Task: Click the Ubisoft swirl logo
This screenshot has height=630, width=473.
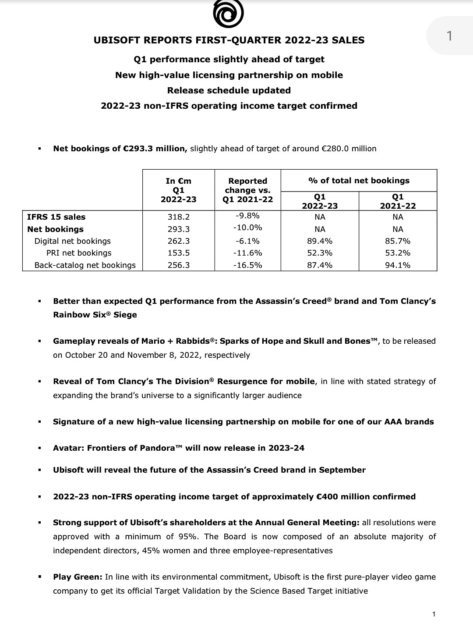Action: pos(228,14)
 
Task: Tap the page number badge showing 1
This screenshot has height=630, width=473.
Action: pos(449,36)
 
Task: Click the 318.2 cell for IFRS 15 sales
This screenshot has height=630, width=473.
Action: pos(178,217)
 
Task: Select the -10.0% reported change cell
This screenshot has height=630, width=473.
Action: pos(247,228)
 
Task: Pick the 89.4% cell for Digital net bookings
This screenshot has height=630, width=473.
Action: pos(319,241)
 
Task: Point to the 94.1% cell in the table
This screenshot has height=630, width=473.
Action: pos(397,265)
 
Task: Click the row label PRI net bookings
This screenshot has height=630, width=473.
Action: pos(79,253)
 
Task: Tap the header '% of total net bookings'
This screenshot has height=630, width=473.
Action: pos(359,181)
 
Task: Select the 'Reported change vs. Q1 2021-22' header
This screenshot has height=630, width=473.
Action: pos(247,190)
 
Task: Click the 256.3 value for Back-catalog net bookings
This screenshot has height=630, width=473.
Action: pos(178,265)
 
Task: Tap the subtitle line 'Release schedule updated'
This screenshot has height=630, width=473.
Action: pos(229,90)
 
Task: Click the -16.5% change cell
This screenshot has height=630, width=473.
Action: pos(247,265)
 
